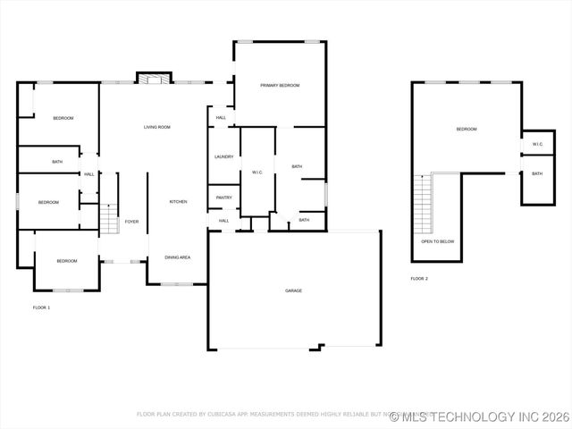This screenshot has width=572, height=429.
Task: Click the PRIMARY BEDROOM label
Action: pyautogui.click(x=280, y=85)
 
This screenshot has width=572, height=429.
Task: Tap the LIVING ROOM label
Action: pyautogui.click(x=157, y=127)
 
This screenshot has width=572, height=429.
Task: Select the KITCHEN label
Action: pyautogui.click(x=179, y=202)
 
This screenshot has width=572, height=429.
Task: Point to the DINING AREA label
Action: pyautogui.click(x=177, y=257)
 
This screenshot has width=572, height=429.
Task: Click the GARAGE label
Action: pyautogui.click(x=293, y=290)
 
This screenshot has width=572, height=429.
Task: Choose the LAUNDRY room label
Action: pyautogui.click(x=223, y=156)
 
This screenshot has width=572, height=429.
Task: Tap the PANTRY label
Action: pyautogui.click(x=223, y=198)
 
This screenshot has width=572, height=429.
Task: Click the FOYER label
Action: pyautogui.click(x=131, y=221)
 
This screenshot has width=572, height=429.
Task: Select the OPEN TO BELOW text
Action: pyautogui.click(x=438, y=241)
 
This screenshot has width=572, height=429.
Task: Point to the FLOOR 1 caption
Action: pyautogui.click(x=41, y=307)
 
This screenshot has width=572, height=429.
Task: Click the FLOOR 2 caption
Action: pyautogui.click(x=419, y=279)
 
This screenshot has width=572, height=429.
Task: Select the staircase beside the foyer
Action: pyautogui.click(x=108, y=218)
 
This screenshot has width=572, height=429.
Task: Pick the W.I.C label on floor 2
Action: pyautogui.click(x=537, y=144)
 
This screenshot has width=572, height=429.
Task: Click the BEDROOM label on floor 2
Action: pyautogui.click(x=467, y=130)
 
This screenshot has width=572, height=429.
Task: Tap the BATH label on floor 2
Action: pyautogui.click(x=537, y=173)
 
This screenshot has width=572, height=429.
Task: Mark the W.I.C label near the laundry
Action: pyautogui.click(x=257, y=172)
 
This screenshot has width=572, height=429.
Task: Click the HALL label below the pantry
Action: pyautogui.click(x=223, y=220)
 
